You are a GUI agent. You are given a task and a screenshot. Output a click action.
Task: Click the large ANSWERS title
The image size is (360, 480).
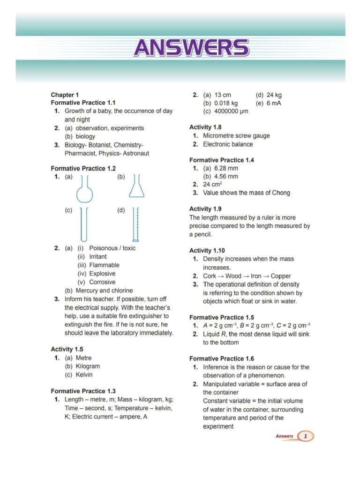click(191, 48)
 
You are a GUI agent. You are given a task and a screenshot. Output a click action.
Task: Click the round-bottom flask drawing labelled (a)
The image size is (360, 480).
click(85, 190)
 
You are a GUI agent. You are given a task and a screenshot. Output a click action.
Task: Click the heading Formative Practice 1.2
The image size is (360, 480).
click(83, 168)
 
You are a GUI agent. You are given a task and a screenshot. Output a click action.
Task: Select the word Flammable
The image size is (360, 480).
click(104, 265)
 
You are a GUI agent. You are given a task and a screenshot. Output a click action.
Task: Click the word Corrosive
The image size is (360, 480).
click(102, 282)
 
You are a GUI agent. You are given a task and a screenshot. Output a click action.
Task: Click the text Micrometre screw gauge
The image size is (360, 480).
click(236, 136)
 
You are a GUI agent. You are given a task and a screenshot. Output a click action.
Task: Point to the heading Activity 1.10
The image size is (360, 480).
click(207, 251)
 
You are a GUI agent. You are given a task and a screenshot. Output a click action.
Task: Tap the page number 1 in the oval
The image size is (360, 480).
click(306, 436)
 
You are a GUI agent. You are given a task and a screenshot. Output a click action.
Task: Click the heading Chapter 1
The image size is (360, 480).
click(68, 94)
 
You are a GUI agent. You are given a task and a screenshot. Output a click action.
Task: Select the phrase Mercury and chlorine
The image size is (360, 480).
click(104, 291)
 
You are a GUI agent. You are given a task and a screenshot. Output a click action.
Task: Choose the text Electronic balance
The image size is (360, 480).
click(228, 144)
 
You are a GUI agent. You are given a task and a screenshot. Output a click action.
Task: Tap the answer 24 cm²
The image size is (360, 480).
click(212, 184)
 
